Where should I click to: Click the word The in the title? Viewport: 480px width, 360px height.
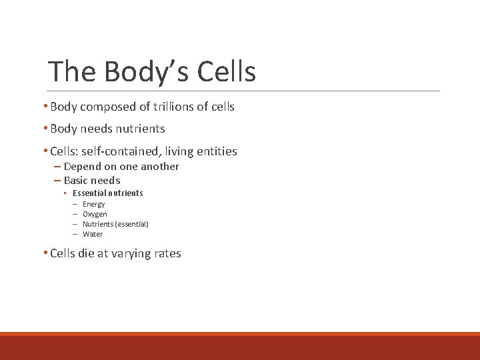pyautogui.click(x=72, y=71)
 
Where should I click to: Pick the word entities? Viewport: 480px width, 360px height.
pyautogui.click(x=218, y=151)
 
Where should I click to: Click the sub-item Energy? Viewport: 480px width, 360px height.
pyautogui.click(x=94, y=204)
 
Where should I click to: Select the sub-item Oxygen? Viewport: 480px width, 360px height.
pyautogui.click(x=95, y=214)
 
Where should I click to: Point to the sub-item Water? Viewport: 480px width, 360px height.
pyautogui.click(x=93, y=234)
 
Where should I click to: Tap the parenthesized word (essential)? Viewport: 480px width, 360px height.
pyautogui.click(x=131, y=224)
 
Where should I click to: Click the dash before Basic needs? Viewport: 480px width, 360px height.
pyautogui.click(x=56, y=181)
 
